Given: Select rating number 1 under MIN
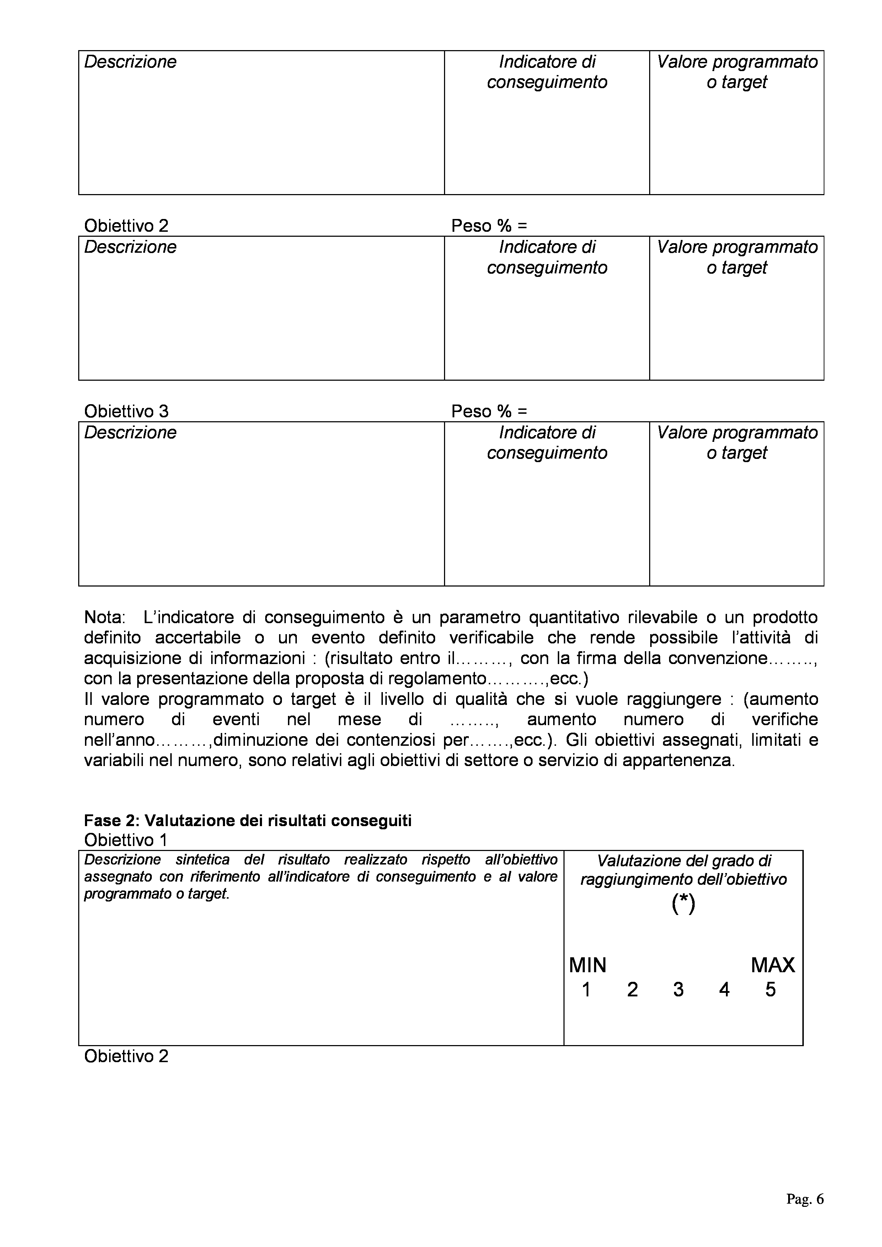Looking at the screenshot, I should (x=586, y=990).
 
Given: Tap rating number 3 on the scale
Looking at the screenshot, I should (x=678, y=990).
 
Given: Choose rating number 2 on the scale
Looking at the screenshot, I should (x=632, y=990).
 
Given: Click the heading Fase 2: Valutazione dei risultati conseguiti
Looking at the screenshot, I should (x=248, y=821).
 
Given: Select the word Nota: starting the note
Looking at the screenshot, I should (x=104, y=617).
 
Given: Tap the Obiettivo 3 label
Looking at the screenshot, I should (x=126, y=411).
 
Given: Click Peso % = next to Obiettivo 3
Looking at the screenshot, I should (x=489, y=411).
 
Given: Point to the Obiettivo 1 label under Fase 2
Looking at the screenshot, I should (x=125, y=840).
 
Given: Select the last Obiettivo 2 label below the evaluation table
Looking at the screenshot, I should (x=126, y=1056).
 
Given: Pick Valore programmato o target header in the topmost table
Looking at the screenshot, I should (x=737, y=72).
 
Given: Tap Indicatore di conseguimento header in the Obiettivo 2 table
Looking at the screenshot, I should (x=547, y=257).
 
